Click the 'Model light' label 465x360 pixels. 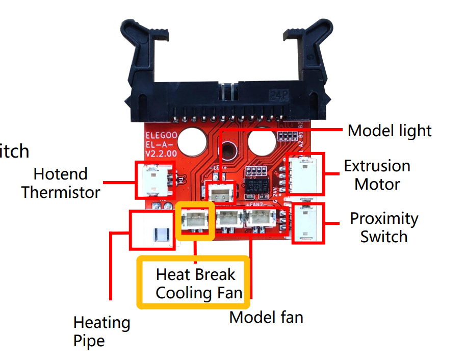(x=390, y=131)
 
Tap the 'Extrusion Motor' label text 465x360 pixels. (x=377, y=175)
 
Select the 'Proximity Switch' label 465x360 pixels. (x=383, y=227)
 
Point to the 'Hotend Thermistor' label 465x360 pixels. (x=61, y=183)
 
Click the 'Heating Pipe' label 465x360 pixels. (x=101, y=331)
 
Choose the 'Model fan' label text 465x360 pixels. (x=266, y=317)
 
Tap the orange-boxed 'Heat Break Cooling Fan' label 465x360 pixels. (x=195, y=284)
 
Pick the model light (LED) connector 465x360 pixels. (x=221, y=193)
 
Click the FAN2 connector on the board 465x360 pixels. (x=261, y=219)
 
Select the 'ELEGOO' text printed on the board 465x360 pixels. (x=160, y=136)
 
